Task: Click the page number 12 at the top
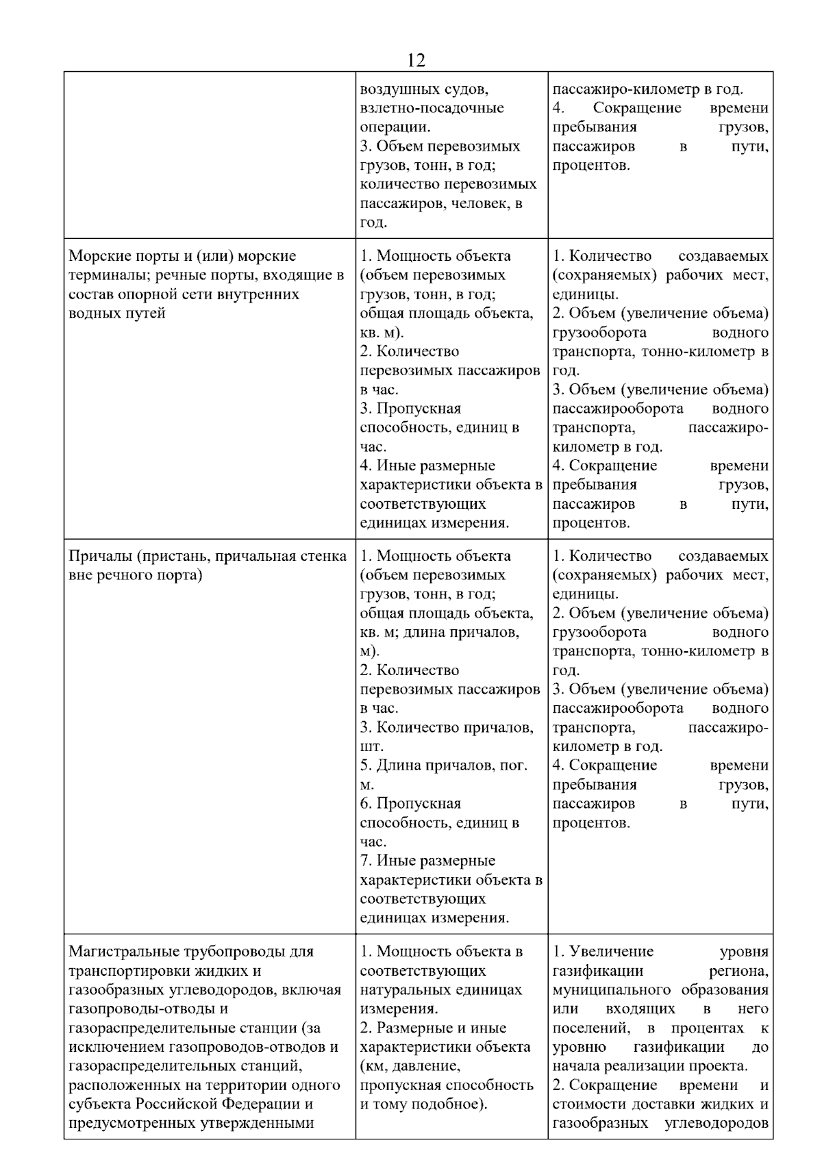(x=416, y=60)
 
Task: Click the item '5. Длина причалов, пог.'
(x=443, y=766)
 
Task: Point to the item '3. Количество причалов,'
(x=446, y=727)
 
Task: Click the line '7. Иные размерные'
(x=427, y=861)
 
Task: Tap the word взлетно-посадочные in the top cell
(x=432, y=108)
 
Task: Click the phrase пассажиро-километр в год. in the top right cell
(x=647, y=89)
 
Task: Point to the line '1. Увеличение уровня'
(x=660, y=952)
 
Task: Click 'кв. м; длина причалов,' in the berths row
(x=439, y=632)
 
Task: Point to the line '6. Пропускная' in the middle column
(x=410, y=804)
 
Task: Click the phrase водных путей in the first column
(x=117, y=314)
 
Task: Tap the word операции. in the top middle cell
(x=395, y=127)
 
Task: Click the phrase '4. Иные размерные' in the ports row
(x=427, y=466)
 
